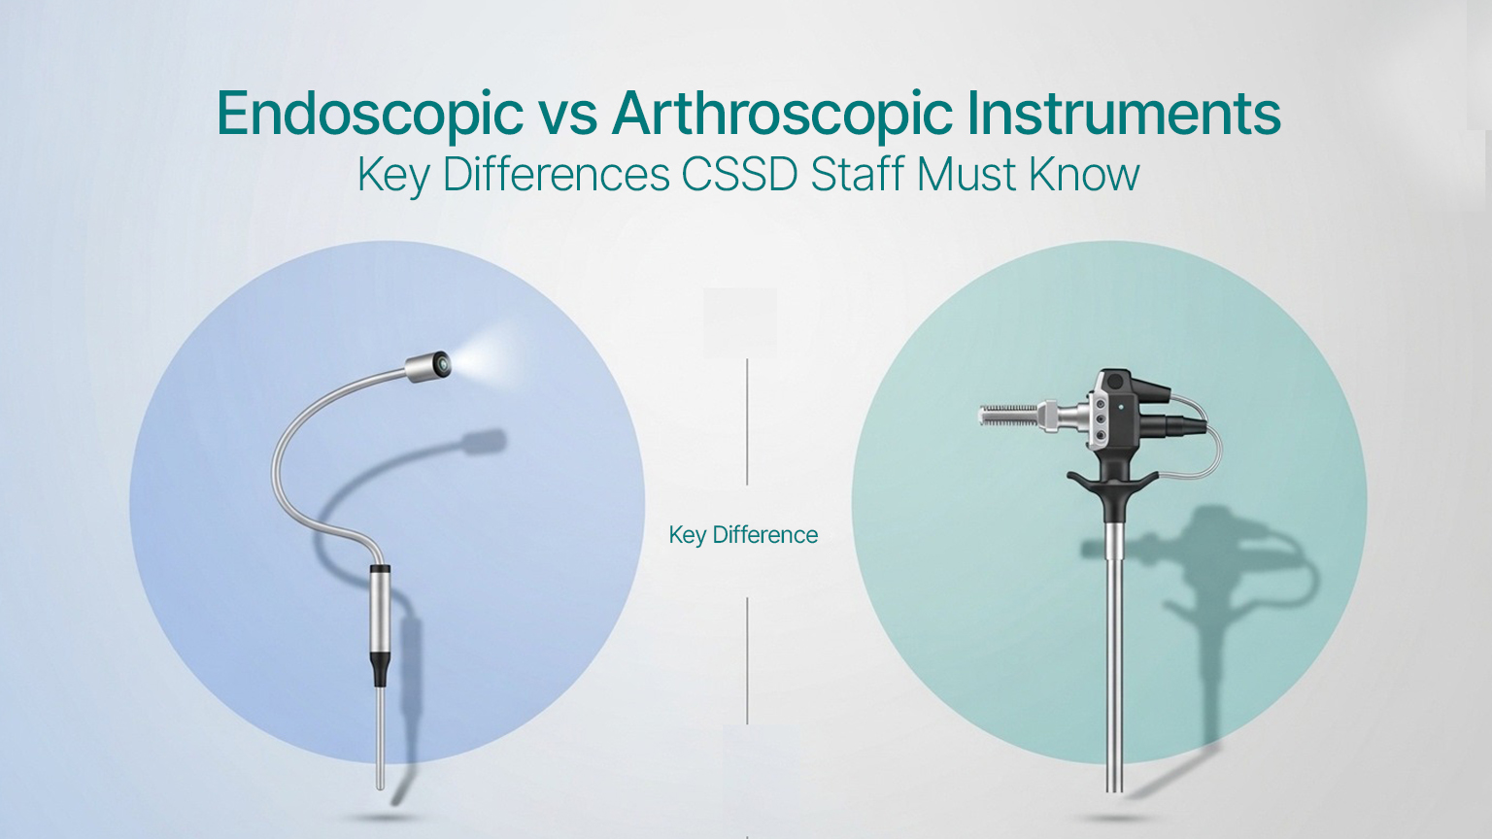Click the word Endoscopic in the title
(370, 115)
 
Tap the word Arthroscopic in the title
(782, 115)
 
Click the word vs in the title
(567, 115)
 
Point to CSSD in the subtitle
(740, 175)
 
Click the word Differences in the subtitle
(556, 175)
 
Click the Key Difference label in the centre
(743, 535)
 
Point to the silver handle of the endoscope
(380, 612)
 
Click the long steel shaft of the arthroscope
(1114, 660)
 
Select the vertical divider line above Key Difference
(747, 421)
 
